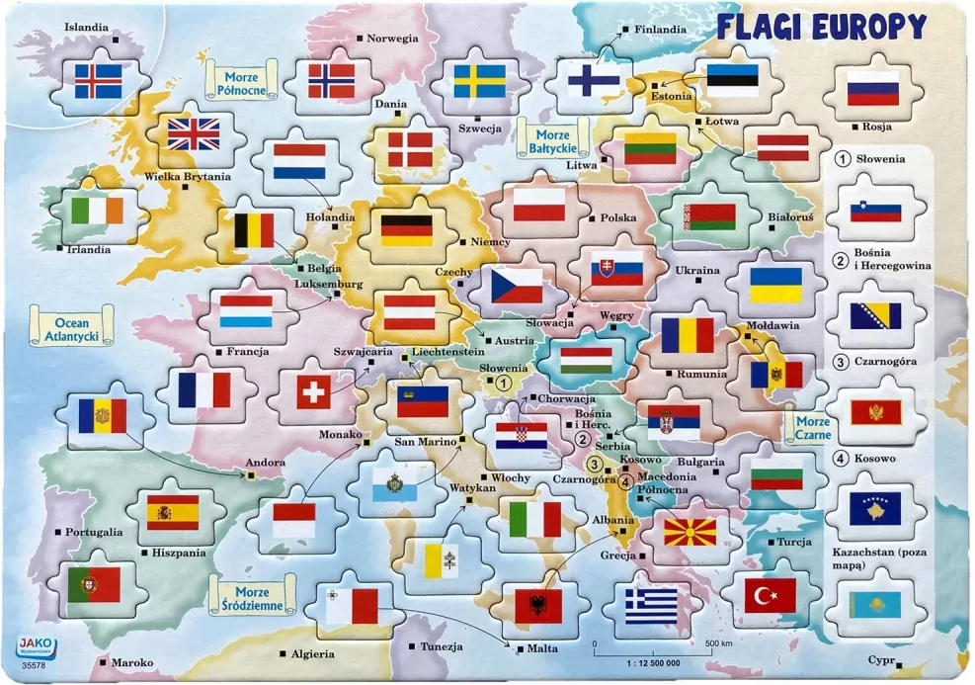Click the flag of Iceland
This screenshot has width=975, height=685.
[x=99, y=81]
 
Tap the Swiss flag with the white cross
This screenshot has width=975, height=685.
[x=313, y=393]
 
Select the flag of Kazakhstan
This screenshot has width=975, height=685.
[x=874, y=604]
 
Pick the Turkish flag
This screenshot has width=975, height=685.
[x=770, y=595]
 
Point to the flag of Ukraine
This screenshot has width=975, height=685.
[x=775, y=285]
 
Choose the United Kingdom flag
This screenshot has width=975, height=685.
[x=193, y=133]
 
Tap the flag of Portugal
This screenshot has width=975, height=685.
[x=94, y=585]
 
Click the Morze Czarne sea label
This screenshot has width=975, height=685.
[x=808, y=427]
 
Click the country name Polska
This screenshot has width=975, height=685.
[x=618, y=217]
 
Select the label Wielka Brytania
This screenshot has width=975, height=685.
[x=188, y=177]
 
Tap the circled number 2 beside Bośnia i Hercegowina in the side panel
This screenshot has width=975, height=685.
[x=841, y=260]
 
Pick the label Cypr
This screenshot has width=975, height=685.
[x=880, y=659]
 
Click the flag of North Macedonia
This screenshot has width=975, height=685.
[x=690, y=533]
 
